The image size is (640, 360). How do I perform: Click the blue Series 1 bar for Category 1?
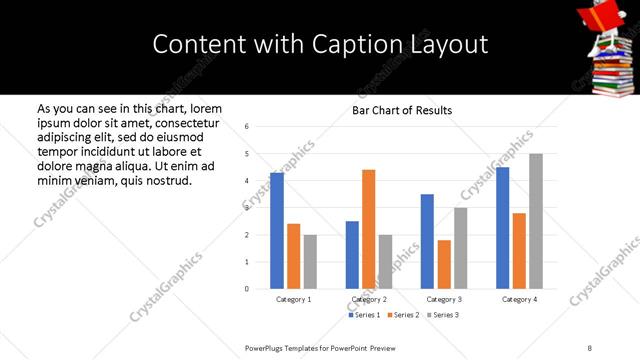(x=277, y=231)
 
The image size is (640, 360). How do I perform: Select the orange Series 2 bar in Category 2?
(x=368, y=229)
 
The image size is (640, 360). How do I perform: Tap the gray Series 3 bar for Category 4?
(x=536, y=221)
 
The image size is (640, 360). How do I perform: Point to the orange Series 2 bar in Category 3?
(x=444, y=264)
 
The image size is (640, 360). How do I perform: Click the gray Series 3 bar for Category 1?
(x=310, y=262)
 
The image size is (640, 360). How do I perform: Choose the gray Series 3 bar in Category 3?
(x=460, y=248)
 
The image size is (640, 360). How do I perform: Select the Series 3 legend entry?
(x=444, y=315)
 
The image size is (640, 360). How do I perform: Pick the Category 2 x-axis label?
(x=369, y=299)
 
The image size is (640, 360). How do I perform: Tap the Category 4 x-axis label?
(x=519, y=299)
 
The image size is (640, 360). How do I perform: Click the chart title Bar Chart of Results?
(x=402, y=110)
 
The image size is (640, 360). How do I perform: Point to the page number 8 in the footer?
(x=590, y=348)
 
